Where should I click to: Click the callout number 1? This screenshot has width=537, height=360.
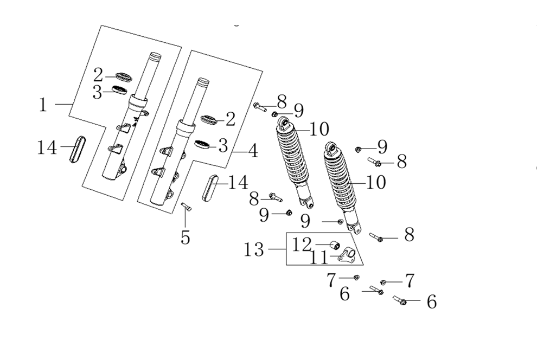[x=43, y=104]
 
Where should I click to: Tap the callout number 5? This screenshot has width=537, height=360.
[x=186, y=237]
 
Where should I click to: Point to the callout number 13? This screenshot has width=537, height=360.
[x=254, y=250]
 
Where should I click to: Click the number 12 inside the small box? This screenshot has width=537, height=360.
[x=302, y=244]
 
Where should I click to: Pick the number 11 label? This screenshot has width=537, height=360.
[x=319, y=258]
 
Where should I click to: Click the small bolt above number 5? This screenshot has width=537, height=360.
[x=185, y=205]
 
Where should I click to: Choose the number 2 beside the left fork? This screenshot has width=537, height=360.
[x=98, y=75]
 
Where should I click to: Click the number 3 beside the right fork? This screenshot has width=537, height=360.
[x=223, y=145]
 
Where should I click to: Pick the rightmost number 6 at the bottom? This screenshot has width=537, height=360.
[x=431, y=302]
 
